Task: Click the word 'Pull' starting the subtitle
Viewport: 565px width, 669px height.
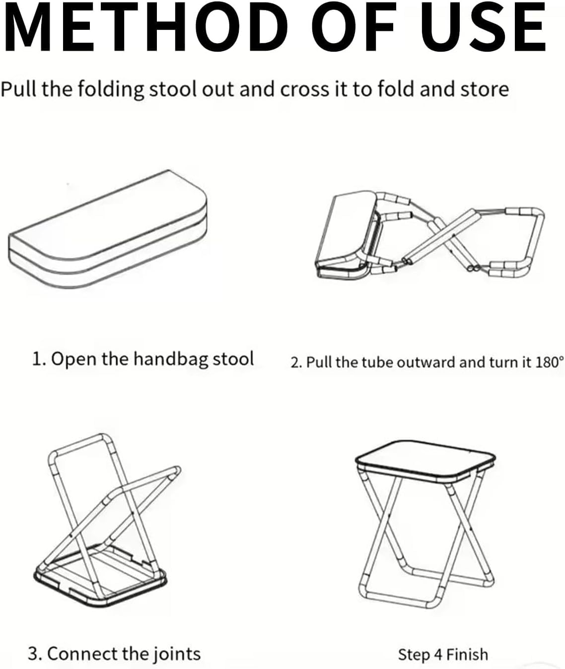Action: tap(18, 89)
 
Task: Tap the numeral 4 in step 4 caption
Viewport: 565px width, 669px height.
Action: tap(437, 655)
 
